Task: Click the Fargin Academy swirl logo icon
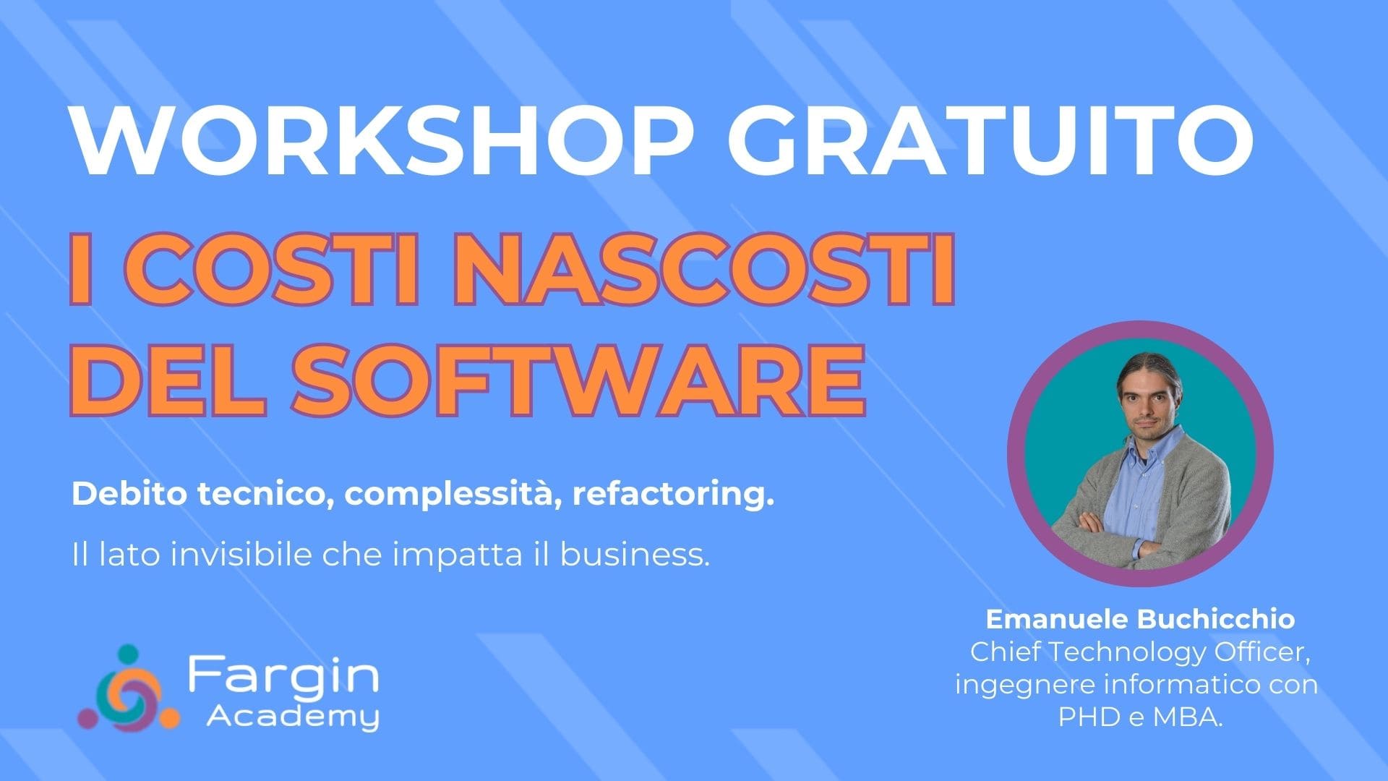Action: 128,686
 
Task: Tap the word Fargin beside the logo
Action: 283,677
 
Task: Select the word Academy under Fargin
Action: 293,717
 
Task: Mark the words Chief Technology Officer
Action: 1140,652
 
